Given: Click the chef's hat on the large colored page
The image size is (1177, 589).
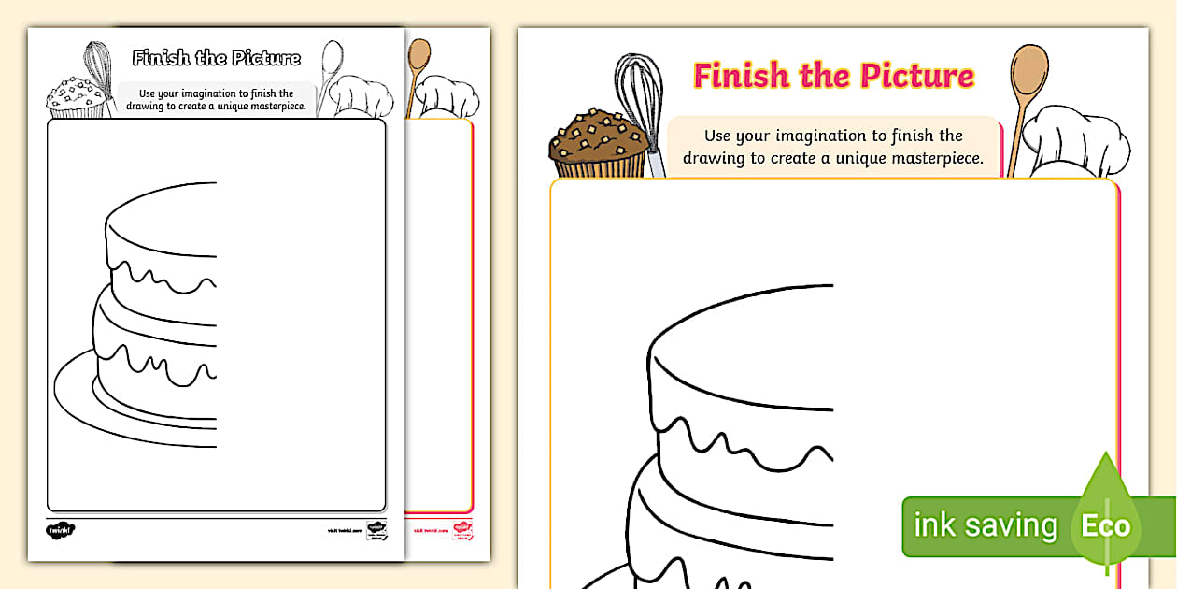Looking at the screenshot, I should tap(1074, 140).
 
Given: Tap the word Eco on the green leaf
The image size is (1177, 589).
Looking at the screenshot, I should tap(1106, 525).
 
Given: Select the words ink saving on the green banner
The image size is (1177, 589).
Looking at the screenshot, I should tap(985, 525).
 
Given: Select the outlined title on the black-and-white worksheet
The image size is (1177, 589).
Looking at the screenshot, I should tap(217, 58).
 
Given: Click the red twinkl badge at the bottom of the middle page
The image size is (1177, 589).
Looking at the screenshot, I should tap(462, 530).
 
